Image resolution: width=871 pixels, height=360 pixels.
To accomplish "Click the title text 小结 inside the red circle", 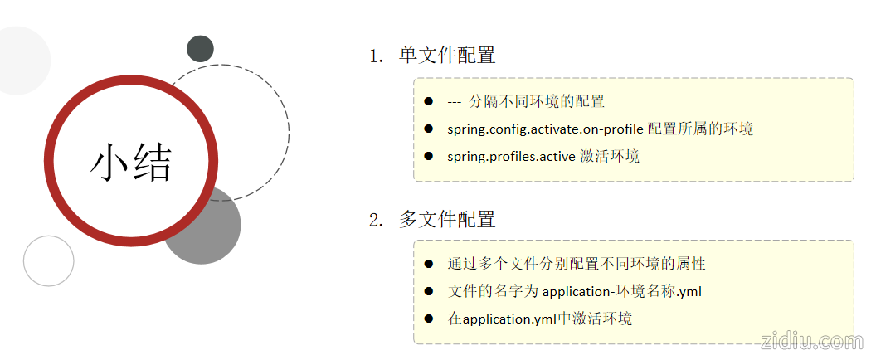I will (x=130, y=162).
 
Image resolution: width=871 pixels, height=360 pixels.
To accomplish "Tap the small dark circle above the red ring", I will (x=200, y=49).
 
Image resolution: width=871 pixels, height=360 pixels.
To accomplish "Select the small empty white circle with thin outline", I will (x=49, y=260).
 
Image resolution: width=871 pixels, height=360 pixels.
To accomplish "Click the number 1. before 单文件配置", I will (x=377, y=56).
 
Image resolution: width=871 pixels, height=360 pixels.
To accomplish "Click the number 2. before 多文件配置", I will (x=377, y=221).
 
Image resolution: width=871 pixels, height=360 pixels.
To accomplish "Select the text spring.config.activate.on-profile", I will (x=545, y=129).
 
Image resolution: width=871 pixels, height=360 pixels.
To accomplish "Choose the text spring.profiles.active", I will (x=511, y=156).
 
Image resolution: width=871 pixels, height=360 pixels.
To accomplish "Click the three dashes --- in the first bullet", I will (x=454, y=102).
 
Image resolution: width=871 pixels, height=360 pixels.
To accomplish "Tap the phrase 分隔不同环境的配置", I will (x=537, y=102).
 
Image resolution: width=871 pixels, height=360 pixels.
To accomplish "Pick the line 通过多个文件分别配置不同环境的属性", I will (x=577, y=264).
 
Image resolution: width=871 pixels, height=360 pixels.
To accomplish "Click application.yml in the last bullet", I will (x=509, y=319).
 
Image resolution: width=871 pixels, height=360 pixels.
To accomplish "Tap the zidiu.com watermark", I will (x=810, y=341).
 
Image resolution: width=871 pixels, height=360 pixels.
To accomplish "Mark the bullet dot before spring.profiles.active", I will (x=429, y=155).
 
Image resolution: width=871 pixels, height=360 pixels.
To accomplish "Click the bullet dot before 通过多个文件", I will (x=429, y=264).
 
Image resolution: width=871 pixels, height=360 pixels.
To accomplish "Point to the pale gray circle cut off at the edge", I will (x=18, y=61).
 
